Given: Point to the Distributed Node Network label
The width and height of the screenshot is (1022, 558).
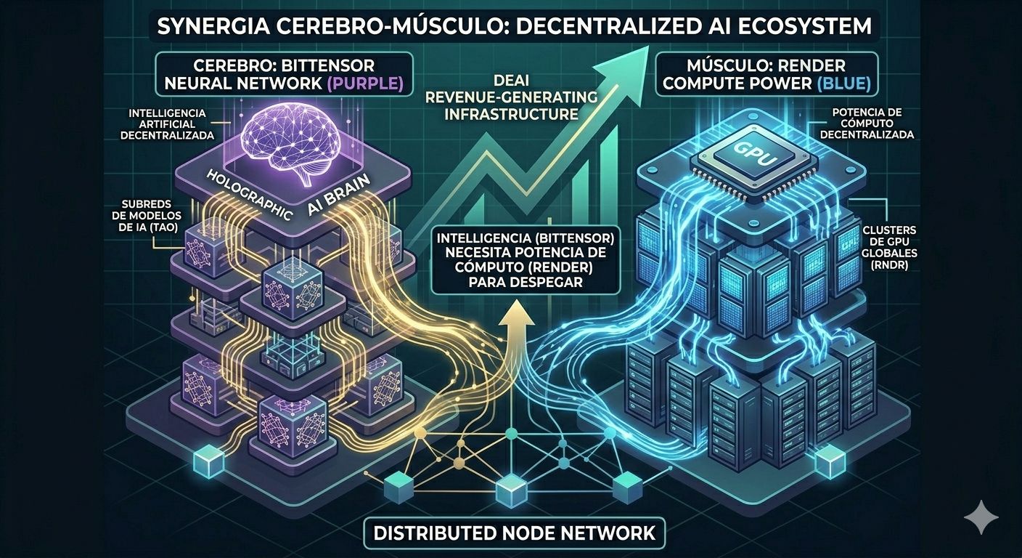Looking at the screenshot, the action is click(514, 533).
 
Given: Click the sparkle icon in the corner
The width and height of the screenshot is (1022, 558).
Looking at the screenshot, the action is click(981, 517).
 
